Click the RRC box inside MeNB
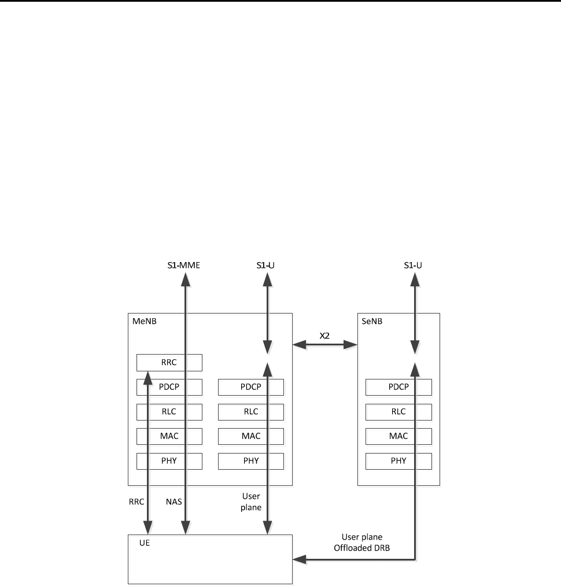tap(169, 363)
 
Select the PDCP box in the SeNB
tap(398, 387)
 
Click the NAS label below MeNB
tap(174, 502)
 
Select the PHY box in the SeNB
tap(398, 461)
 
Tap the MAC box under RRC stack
tap(169, 436)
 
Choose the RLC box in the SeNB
tap(398, 412)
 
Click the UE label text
tap(145, 544)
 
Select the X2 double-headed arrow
tap(325, 345)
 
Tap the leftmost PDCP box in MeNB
tap(169, 387)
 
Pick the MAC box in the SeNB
tap(398, 436)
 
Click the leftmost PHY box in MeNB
tap(169, 461)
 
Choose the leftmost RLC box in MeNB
tap(169, 412)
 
